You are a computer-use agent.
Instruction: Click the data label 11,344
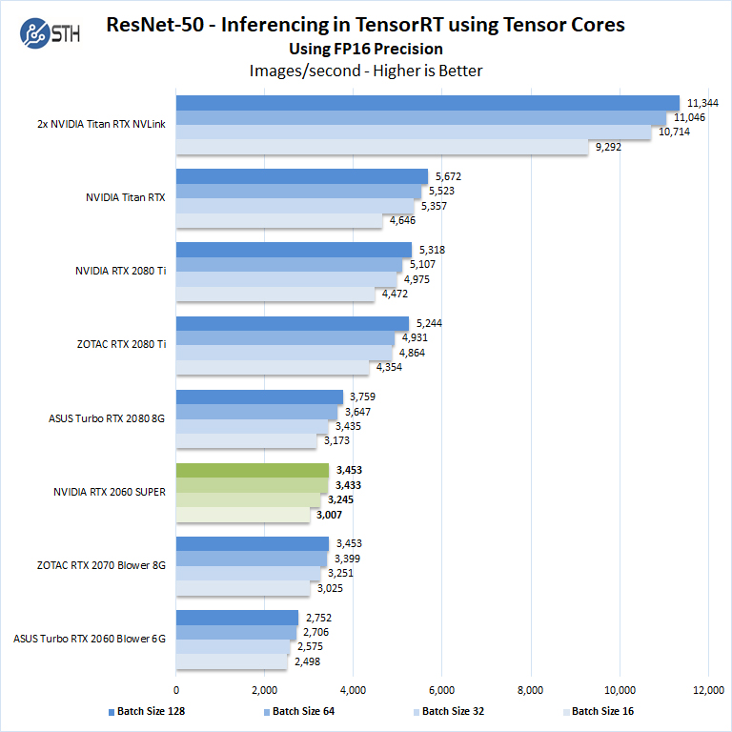tap(703, 103)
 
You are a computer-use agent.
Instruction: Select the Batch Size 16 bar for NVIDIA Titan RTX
tap(279, 221)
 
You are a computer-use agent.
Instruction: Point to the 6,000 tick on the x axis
tap(442, 689)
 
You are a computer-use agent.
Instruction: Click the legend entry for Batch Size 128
tap(148, 711)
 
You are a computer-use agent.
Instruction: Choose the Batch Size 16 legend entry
tap(599, 711)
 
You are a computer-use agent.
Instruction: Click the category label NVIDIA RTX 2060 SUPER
tap(110, 492)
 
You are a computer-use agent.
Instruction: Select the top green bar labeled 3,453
tap(253, 471)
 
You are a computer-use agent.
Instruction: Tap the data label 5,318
tap(431, 250)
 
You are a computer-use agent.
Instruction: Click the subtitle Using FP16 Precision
tap(366, 49)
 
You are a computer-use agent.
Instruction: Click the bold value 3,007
tap(331, 515)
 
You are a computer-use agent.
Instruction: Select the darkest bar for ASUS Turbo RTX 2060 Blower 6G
tap(237, 618)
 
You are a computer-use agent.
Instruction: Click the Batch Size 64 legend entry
tap(298, 711)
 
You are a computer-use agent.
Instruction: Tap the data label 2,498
tap(308, 661)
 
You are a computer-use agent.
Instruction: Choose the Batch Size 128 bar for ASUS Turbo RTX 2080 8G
tap(259, 396)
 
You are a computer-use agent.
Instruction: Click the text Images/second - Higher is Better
tap(366, 71)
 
